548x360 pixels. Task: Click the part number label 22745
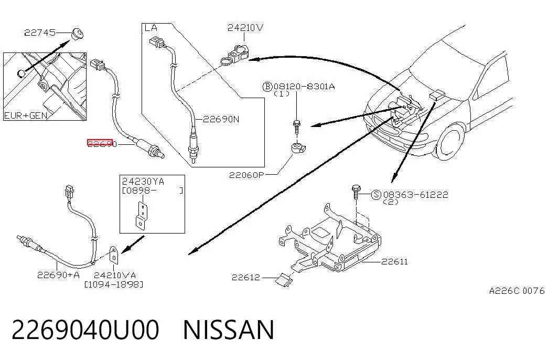pyautogui.click(x=40, y=33)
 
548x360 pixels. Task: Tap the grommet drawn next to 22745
pyautogui.click(x=77, y=34)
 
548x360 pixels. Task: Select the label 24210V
pyautogui.click(x=245, y=28)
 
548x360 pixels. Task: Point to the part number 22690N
pyautogui.click(x=221, y=119)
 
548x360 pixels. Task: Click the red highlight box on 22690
pyautogui.click(x=100, y=142)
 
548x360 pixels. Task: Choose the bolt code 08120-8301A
pyautogui.click(x=304, y=87)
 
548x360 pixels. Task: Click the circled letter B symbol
pyautogui.click(x=267, y=87)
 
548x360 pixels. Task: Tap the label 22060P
pyautogui.click(x=246, y=175)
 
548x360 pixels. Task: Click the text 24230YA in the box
pyautogui.click(x=143, y=182)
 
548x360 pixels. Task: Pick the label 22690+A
pyautogui.click(x=58, y=275)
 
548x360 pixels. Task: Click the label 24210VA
pyautogui.click(x=115, y=276)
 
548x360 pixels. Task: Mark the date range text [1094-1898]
pyautogui.click(x=114, y=284)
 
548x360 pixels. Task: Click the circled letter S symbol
pyautogui.click(x=376, y=195)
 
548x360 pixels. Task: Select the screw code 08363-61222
pyautogui.click(x=415, y=195)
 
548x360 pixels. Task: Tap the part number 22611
pyautogui.click(x=394, y=262)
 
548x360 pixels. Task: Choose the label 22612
pyautogui.click(x=246, y=278)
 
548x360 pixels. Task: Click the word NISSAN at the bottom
pyautogui.click(x=229, y=330)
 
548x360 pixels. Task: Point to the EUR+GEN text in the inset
pyautogui.click(x=26, y=115)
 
